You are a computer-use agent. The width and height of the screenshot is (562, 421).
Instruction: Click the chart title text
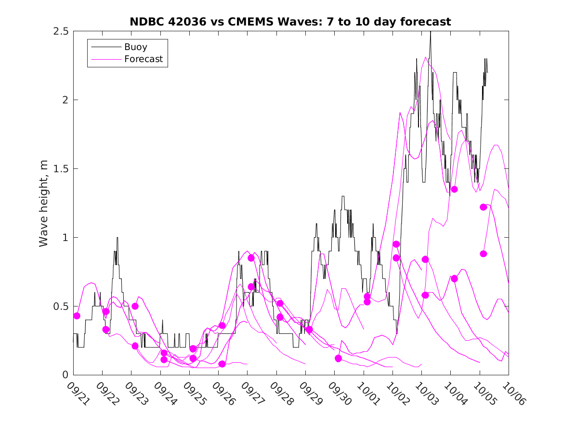pyautogui.click(x=290, y=22)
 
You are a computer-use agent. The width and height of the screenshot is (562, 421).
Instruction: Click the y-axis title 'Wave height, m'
pyautogui.click(x=44, y=203)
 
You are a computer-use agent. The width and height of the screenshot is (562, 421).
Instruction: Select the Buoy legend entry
pyautogui.click(x=136, y=47)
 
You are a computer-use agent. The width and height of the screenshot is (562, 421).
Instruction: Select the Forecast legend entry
pyautogui.click(x=143, y=60)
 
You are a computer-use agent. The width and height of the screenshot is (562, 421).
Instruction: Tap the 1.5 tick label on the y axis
pyautogui.click(x=61, y=169)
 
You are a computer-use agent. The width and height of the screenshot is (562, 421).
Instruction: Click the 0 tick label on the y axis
pyautogui.click(x=65, y=375)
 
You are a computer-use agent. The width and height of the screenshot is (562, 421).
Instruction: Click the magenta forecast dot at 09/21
pyautogui.click(x=77, y=316)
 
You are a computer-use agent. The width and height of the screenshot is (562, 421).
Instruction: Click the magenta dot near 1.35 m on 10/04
pyautogui.click(x=454, y=189)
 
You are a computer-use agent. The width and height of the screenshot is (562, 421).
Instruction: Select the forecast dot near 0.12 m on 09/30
pyautogui.click(x=338, y=358)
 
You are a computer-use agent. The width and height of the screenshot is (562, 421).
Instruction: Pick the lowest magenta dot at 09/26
pyautogui.click(x=222, y=364)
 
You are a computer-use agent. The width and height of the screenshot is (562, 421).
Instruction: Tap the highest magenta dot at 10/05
pyautogui.click(x=484, y=207)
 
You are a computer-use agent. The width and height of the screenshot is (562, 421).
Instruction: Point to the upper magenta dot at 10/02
pyautogui.click(x=396, y=244)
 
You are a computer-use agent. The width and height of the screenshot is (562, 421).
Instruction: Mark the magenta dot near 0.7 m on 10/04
pyautogui.click(x=454, y=279)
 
